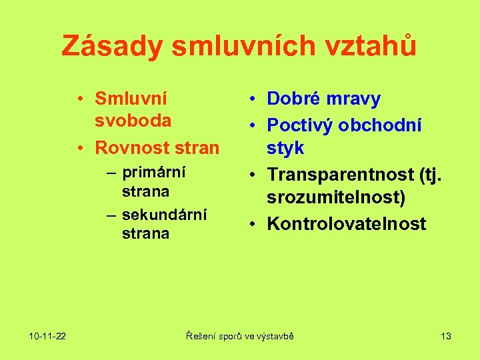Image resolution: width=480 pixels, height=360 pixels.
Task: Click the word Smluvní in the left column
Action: coord(131,99)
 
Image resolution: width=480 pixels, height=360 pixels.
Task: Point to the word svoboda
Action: coord(133,121)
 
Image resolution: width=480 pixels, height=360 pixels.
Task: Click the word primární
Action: coord(154,172)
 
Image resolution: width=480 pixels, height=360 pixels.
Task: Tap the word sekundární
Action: coord(165,215)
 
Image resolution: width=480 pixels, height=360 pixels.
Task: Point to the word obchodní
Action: coord(387,125)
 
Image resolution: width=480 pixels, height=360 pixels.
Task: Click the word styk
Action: coord(285,147)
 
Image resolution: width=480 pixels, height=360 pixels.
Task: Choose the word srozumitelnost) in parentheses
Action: coord(336,198)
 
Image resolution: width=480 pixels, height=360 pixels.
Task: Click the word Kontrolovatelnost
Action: coord(346,224)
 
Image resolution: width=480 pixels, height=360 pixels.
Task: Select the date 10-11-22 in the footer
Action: coord(47,336)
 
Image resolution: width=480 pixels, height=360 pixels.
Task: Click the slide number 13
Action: coord(446,336)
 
